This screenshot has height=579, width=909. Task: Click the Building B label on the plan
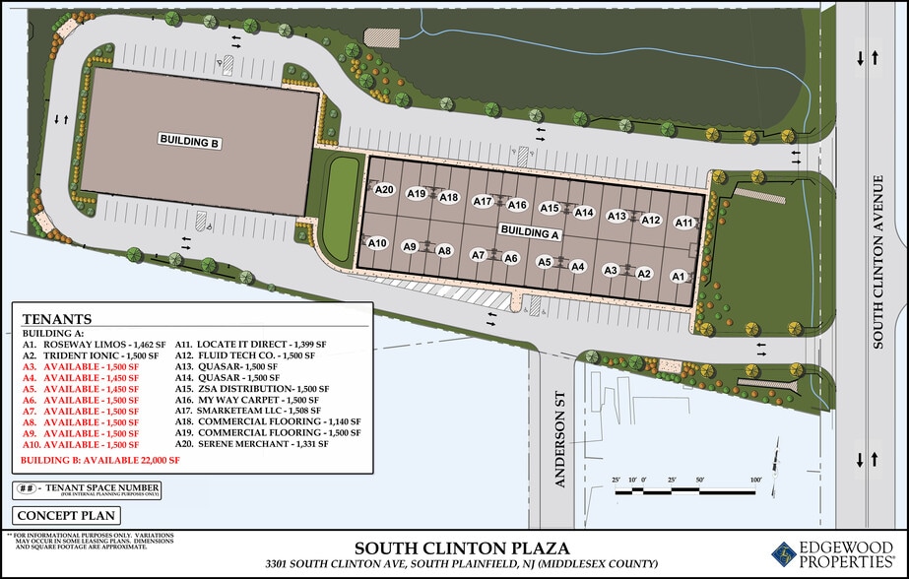click(x=188, y=141)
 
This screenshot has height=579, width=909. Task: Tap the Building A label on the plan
click(x=530, y=233)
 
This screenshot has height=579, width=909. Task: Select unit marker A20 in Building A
click(x=384, y=189)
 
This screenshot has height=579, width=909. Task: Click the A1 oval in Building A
click(x=678, y=277)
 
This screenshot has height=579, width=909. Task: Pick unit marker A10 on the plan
click(x=377, y=243)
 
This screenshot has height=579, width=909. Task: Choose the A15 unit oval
click(x=550, y=208)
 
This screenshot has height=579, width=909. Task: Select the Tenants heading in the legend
click(x=57, y=319)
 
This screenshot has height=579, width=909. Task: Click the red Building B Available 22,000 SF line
click(x=101, y=459)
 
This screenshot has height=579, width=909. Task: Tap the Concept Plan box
click(x=66, y=515)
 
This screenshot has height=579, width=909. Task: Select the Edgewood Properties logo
click(x=832, y=554)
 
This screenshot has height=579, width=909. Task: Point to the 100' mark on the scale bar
click(x=755, y=481)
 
